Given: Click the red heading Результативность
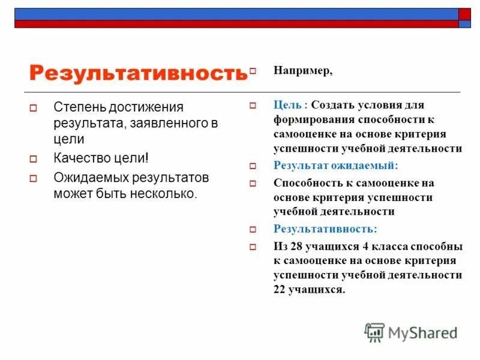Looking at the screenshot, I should pos(138,73).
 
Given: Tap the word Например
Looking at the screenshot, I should pos(302,71).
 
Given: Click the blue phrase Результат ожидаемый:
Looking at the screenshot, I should pos(335,165).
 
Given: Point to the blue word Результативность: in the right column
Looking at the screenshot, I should pos(325,229).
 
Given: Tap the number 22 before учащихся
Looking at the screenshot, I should pos(280,289).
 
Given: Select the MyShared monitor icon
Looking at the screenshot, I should pos(374,332).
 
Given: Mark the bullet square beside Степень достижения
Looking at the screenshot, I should pos(34,109).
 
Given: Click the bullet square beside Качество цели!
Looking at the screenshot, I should pos(34,160).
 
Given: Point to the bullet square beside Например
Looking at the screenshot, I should pos(253,71).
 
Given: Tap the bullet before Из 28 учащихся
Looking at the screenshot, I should pos(253,247).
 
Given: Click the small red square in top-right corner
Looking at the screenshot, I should pos(465,14).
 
